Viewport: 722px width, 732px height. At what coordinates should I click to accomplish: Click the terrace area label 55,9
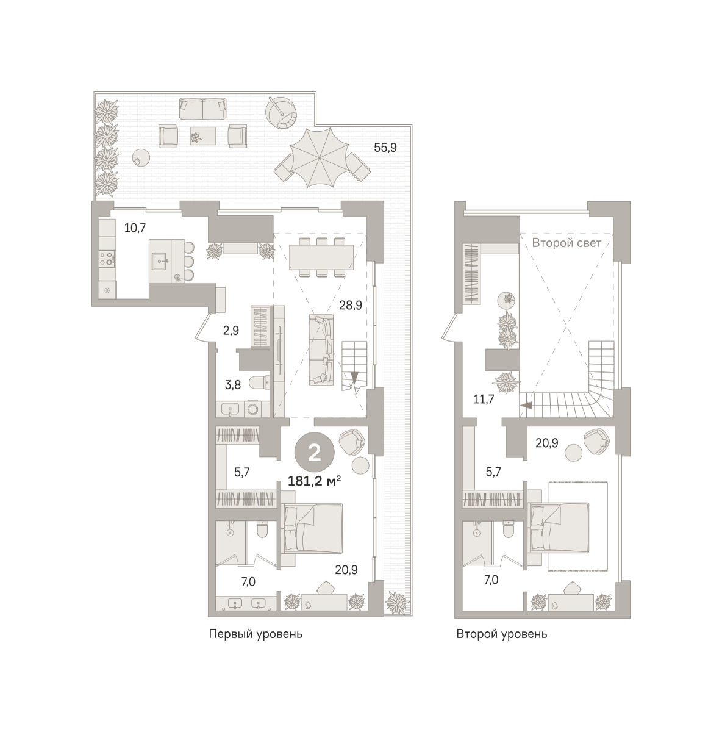coord(385,148)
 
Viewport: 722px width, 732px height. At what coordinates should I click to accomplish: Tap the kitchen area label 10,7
coord(135,228)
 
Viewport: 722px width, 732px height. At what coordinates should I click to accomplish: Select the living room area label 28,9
coord(351,304)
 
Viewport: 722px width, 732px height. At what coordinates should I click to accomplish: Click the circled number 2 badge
coord(315,453)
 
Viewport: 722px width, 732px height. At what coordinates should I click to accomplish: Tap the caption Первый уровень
coord(256,634)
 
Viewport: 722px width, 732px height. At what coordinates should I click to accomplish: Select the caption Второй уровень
coord(502,634)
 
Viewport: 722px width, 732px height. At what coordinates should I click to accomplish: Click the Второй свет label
coord(567,243)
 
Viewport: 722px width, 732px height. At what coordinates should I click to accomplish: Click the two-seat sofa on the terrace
coord(203,109)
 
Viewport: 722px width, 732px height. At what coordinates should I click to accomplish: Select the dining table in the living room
coord(321,257)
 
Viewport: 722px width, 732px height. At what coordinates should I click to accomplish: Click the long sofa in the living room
coord(321,350)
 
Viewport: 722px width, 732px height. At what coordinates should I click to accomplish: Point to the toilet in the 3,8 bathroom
coord(259,383)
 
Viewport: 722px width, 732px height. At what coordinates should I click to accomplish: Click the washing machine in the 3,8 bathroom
coord(252,409)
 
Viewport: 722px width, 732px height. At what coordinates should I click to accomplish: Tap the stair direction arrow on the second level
coord(526,405)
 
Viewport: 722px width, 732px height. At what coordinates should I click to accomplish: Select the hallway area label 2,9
coord(231,331)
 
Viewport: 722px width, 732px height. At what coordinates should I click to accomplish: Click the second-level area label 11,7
coord(484,399)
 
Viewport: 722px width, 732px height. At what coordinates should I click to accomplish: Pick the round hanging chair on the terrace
coord(281,113)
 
